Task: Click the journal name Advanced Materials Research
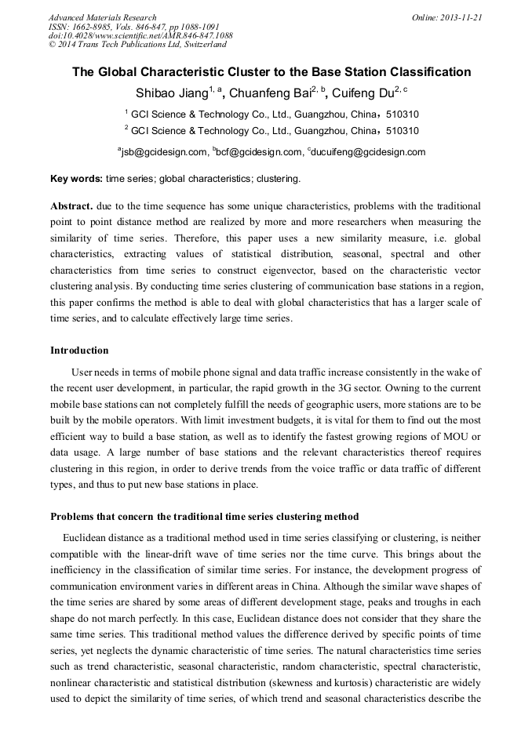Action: coord(103,17)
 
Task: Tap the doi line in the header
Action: coord(140,35)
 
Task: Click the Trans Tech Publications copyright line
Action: coord(137,45)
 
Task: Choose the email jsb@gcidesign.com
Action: coord(164,152)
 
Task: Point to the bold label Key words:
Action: coord(76,179)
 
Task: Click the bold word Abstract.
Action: coord(71,206)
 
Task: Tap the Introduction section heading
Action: coord(79,350)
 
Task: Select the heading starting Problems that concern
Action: coord(204,517)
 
